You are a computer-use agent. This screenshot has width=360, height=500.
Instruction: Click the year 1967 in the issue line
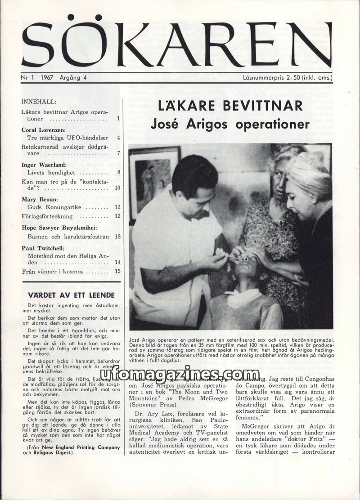[46, 77]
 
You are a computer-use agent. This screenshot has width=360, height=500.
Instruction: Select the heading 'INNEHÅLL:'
[39, 102]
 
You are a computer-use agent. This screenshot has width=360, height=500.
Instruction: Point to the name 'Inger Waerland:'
[44, 165]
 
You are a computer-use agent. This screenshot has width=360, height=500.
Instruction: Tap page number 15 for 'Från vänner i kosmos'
[117, 271]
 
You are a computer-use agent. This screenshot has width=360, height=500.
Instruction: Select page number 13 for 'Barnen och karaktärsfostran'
[117, 236]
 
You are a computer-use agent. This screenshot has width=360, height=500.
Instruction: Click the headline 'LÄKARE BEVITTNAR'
[230, 106]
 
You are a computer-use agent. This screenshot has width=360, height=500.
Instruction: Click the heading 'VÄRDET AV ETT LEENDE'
[71, 295]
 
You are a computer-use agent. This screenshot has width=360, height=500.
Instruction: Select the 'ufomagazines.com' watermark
[180, 374]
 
